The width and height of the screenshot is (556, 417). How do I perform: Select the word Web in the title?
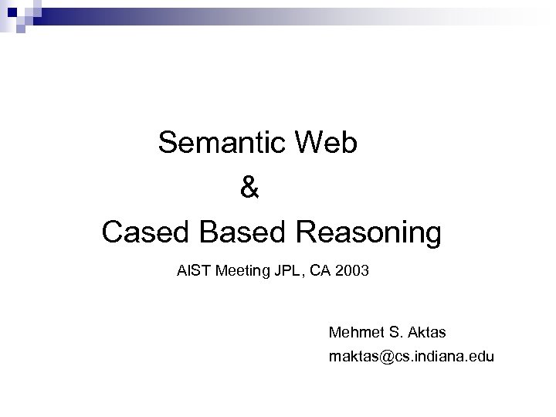331,143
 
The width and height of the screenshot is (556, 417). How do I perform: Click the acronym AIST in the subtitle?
191,272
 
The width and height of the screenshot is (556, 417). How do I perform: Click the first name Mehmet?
354,333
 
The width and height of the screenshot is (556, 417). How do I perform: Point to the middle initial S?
395,333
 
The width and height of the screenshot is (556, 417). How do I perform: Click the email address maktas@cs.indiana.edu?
411,358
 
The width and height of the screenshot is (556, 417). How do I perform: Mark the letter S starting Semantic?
167,143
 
